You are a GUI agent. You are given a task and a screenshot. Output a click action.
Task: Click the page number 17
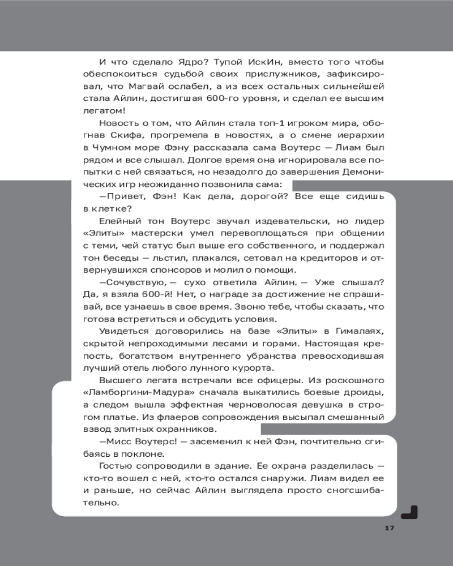click(388, 528)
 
